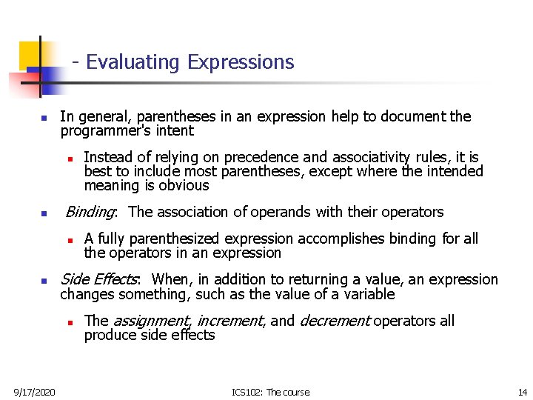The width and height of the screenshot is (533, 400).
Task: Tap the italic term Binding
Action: click(x=90, y=212)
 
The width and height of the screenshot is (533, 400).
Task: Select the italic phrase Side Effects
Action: click(x=98, y=279)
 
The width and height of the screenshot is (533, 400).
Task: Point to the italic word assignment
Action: click(x=152, y=321)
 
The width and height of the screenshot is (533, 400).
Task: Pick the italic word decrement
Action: click(x=334, y=321)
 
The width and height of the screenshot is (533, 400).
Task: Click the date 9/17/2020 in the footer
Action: click(x=34, y=392)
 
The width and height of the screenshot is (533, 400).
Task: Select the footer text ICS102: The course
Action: click(x=270, y=392)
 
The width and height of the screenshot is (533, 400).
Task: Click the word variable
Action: click(x=365, y=294)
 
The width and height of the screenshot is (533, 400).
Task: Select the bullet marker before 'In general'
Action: click(x=44, y=118)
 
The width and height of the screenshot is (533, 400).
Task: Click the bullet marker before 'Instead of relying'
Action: click(x=68, y=159)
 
